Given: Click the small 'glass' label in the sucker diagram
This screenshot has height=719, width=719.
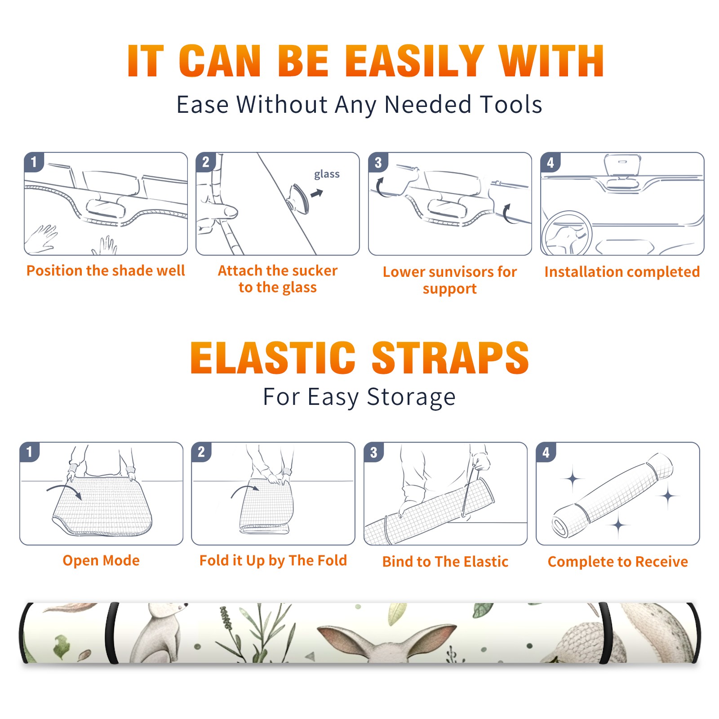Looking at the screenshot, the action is [x=327, y=174].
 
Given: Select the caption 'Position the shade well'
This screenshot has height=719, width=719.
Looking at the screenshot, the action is [x=106, y=271].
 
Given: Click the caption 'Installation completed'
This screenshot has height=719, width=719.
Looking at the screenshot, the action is [x=622, y=272].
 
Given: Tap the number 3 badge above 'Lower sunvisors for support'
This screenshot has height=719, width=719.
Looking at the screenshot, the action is [x=378, y=162].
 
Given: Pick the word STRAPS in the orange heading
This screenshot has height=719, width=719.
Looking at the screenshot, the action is [x=450, y=358].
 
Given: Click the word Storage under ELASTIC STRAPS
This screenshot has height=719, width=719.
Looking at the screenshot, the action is [x=411, y=397].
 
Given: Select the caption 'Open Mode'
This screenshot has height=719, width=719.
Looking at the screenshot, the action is [x=101, y=560].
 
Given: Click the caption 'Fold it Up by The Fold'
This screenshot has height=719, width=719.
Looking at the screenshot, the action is [x=273, y=560].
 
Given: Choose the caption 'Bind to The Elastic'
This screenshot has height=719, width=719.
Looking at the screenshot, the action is [x=445, y=562].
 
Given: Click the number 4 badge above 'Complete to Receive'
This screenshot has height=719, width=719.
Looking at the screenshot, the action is [x=546, y=452].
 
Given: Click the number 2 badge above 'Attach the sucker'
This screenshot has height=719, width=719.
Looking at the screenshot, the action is [x=206, y=162].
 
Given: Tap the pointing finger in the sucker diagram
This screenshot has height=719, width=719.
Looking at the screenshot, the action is [x=218, y=212].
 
